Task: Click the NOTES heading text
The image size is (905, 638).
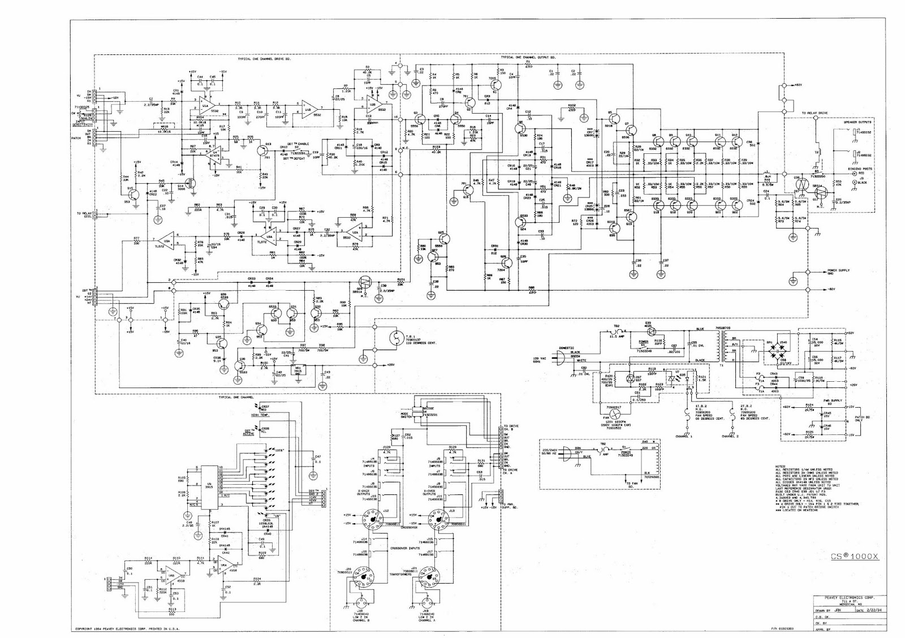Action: point(780,467)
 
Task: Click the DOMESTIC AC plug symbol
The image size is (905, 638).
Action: point(559,359)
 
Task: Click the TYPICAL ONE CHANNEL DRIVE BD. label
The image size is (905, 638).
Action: point(264,59)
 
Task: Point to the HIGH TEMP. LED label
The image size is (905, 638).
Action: point(260,415)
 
